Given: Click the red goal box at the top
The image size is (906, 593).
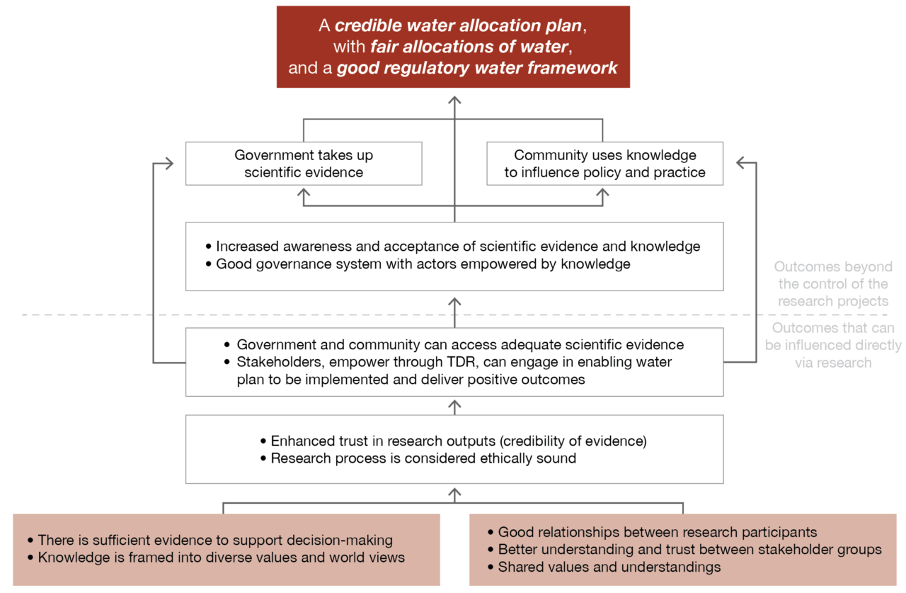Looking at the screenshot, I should coord(453,47).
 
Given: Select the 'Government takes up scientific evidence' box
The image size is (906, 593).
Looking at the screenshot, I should coord(304,164).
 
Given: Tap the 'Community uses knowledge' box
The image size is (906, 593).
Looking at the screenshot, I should coord(604,164).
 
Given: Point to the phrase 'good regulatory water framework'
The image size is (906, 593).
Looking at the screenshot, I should coord(477,69).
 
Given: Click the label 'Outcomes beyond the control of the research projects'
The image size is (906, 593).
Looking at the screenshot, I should coord(832,284).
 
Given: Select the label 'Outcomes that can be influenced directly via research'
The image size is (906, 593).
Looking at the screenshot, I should coord(832,346).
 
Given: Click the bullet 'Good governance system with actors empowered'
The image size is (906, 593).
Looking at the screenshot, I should coord(423,264).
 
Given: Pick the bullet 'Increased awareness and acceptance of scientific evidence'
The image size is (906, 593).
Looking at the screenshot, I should coord(457,247).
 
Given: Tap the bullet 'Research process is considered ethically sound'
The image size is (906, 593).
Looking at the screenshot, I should coord(423,458).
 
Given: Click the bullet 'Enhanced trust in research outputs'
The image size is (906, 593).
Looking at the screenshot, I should coord(458,441).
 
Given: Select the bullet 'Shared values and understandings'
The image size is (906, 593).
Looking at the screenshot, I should coord(609,567).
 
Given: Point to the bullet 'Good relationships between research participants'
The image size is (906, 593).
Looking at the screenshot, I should coord(657,532).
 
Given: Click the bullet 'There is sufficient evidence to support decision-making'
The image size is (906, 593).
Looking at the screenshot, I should coord(214,540).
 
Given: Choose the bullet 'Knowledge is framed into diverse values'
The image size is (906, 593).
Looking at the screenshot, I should coord(221,558).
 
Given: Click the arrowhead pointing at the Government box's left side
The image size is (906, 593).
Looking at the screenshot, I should coord(168,164).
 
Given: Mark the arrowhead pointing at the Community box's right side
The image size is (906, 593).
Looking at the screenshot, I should coord(741,164).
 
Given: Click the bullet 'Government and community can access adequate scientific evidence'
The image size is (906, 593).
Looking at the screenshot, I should coord(459,345).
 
